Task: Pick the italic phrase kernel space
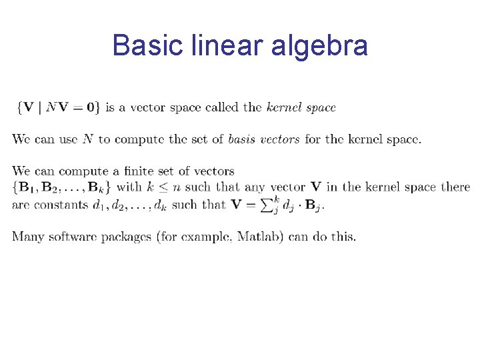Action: pyautogui.click(x=301, y=107)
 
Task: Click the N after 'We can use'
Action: pyautogui.click(x=87, y=139)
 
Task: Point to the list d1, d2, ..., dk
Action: pyautogui.click(x=129, y=205)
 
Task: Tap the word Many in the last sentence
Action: pyautogui.click(x=29, y=237)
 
